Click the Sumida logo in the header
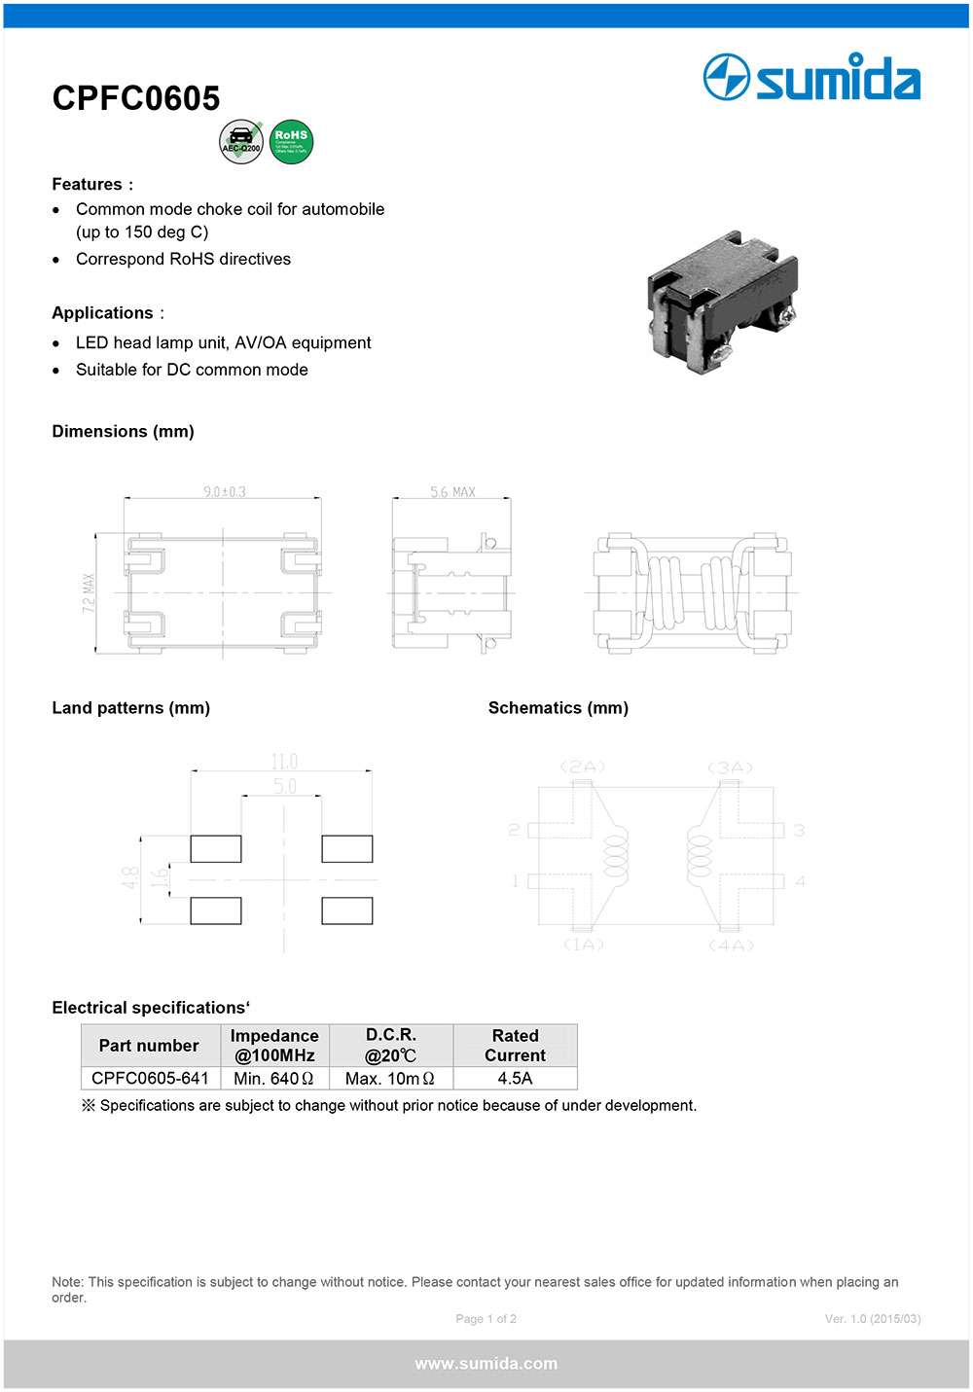pyautogui.click(x=811, y=78)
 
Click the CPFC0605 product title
pyautogui.click(x=136, y=98)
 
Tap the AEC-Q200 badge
pyautogui.click(x=241, y=142)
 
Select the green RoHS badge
pyautogui.click(x=291, y=142)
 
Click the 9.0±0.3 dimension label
pyautogui.click(x=224, y=492)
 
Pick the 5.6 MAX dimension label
pyautogui.click(x=452, y=492)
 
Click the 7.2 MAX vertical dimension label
pyautogui.click(x=90, y=592)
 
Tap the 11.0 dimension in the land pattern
pyautogui.click(x=284, y=762)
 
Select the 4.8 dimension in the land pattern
pyautogui.click(x=130, y=878)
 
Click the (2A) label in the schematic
pyautogui.click(x=582, y=767)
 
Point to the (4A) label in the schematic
pyautogui.click(x=731, y=946)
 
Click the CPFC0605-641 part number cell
pyautogui.click(x=150, y=1078)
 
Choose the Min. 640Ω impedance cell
pyautogui.click(x=274, y=1078)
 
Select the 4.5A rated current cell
pyautogui.click(x=515, y=1078)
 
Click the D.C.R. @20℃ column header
pyautogui.click(x=391, y=1046)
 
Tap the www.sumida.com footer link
pyautogui.click(x=486, y=1364)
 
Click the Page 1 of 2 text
pyautogui.click(x=486, y=1319)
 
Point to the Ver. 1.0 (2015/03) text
pyautogui.click(x=873, y=1319)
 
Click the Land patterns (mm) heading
pyautogui.click(x=131, y=708)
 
